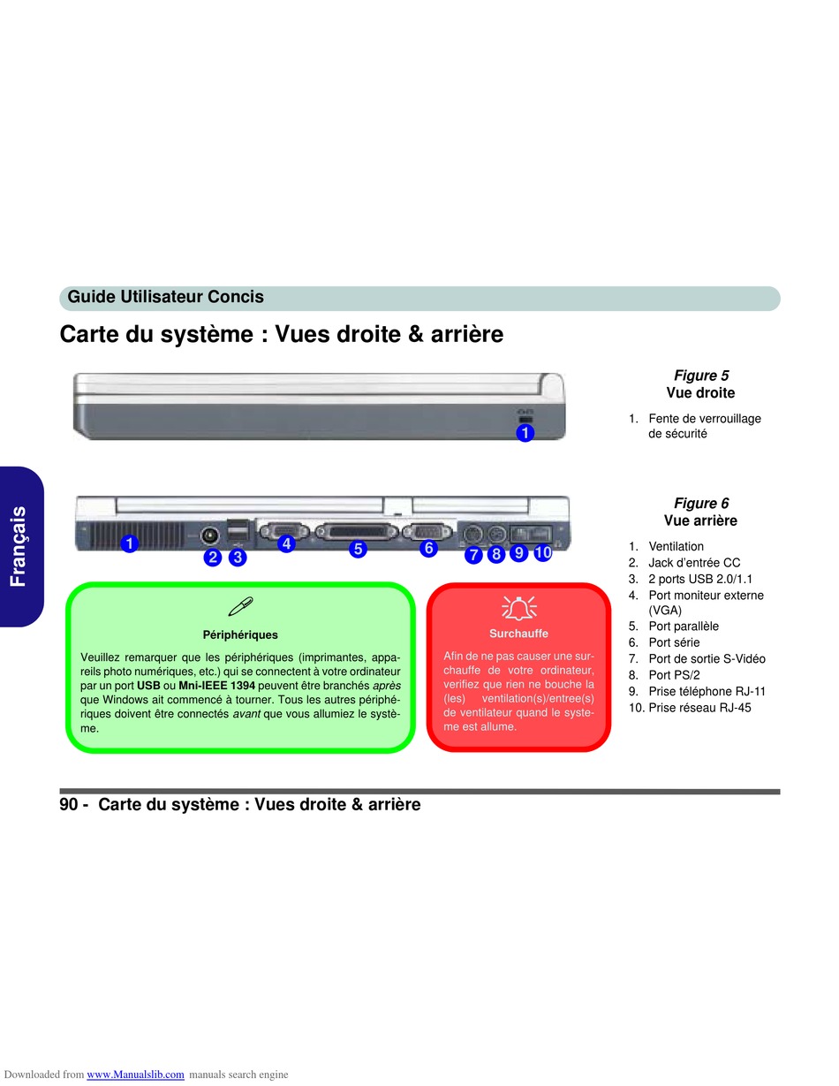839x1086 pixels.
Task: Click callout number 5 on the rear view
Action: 358,549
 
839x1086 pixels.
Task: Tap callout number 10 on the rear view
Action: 542,553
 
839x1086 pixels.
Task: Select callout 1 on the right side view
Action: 525,433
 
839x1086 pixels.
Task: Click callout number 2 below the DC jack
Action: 212,558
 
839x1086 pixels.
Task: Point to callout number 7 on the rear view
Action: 473,555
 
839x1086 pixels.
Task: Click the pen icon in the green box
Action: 240,606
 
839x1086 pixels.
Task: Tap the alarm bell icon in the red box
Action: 518,607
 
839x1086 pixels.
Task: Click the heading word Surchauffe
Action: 518,634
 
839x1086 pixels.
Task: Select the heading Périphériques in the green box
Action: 240,634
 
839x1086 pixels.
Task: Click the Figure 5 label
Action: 700,376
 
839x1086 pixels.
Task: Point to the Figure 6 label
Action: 700,504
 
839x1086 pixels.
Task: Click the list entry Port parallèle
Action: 684,627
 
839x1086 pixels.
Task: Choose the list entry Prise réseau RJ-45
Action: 699,708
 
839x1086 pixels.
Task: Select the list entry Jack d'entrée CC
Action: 694,563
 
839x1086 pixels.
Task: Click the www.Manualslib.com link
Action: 135,1075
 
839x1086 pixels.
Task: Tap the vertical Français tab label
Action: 19,546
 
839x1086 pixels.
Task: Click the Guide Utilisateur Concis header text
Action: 165,298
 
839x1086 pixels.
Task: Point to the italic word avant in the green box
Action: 246,714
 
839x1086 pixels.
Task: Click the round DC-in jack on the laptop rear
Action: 210,534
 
